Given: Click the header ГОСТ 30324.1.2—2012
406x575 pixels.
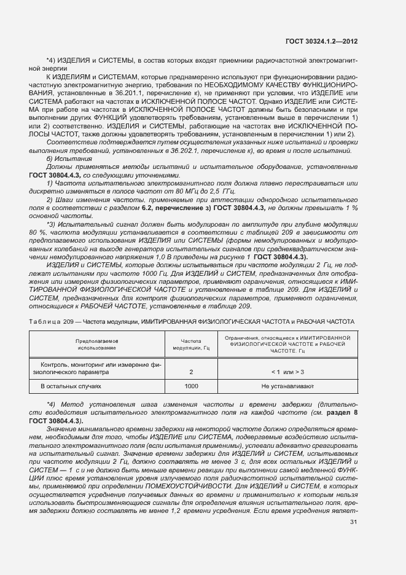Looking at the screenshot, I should pos(322,41).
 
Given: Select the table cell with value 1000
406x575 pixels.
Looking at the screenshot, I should pos(191,386).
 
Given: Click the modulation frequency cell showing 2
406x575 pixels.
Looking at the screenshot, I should pos(191,372).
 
